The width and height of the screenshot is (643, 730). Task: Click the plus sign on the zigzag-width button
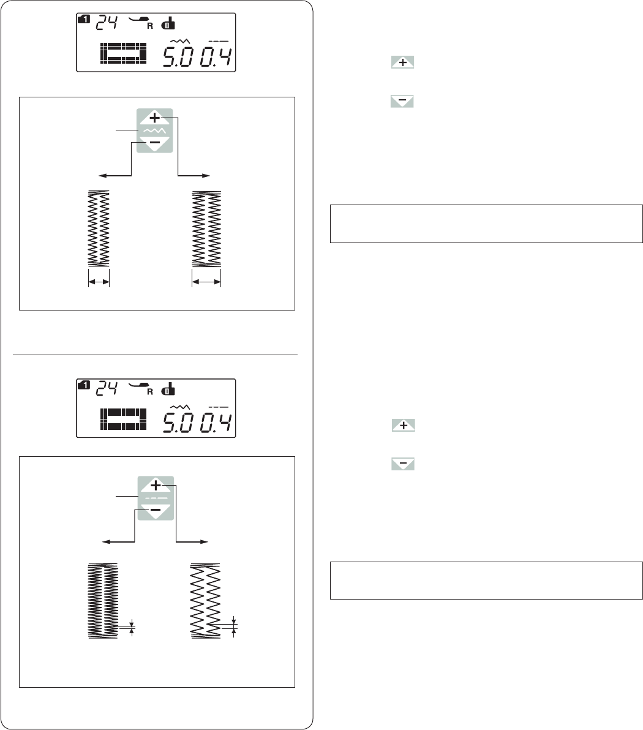click(154, 118)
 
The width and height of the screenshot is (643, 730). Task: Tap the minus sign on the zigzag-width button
click(155, 142)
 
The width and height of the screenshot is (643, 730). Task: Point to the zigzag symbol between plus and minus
click(154, 130)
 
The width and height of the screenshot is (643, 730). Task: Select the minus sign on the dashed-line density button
click(156, 510)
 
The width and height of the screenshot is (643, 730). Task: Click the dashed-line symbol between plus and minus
click(156, 498)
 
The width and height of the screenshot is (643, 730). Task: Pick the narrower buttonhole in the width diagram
click(99, 228)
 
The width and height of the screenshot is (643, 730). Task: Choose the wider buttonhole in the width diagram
click(206, 228)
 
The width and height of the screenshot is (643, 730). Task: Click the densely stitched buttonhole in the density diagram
click(103, 600)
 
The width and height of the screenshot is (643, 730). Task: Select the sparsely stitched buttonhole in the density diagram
click(205, 601)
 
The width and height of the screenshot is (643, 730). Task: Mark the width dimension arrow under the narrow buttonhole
click(99, 281)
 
